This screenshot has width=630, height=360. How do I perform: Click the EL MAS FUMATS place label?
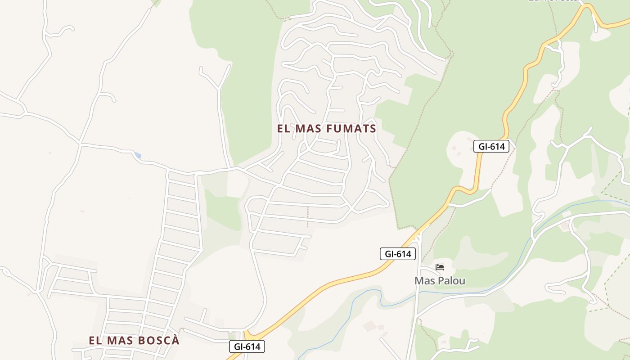(x=327, y=129)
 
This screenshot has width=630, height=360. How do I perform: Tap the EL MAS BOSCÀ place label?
(x=134, y=341)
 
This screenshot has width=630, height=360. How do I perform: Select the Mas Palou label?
(x=440, y=281)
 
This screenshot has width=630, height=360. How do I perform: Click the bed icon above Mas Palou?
(x=440, y=268)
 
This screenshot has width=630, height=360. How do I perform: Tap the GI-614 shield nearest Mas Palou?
(x=398, y=254)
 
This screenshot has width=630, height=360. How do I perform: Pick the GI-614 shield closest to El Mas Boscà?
(x=247, y=346)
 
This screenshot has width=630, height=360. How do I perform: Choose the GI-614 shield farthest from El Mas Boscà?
(x=491, y=146)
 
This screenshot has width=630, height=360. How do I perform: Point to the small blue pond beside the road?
(x=138, y=156)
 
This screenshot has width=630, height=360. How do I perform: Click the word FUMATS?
(x=351, y=129)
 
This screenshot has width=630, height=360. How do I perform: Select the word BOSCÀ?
(x=158, y=341)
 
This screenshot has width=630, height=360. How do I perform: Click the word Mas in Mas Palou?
(x=423, y=281)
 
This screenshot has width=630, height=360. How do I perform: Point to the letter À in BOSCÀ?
(x=175, y=340)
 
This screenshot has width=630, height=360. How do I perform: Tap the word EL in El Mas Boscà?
(x=94, y=341)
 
